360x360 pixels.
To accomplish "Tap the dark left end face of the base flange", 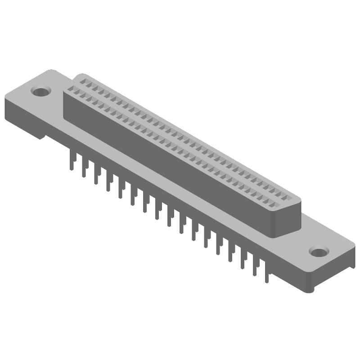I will [x=22, y=115].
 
